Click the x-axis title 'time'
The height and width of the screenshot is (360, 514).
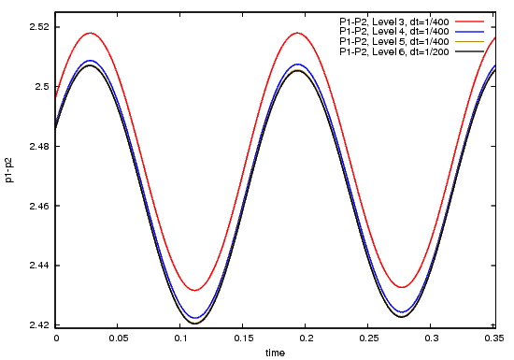coord(275,353)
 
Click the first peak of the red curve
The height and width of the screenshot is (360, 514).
coord(91,33)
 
